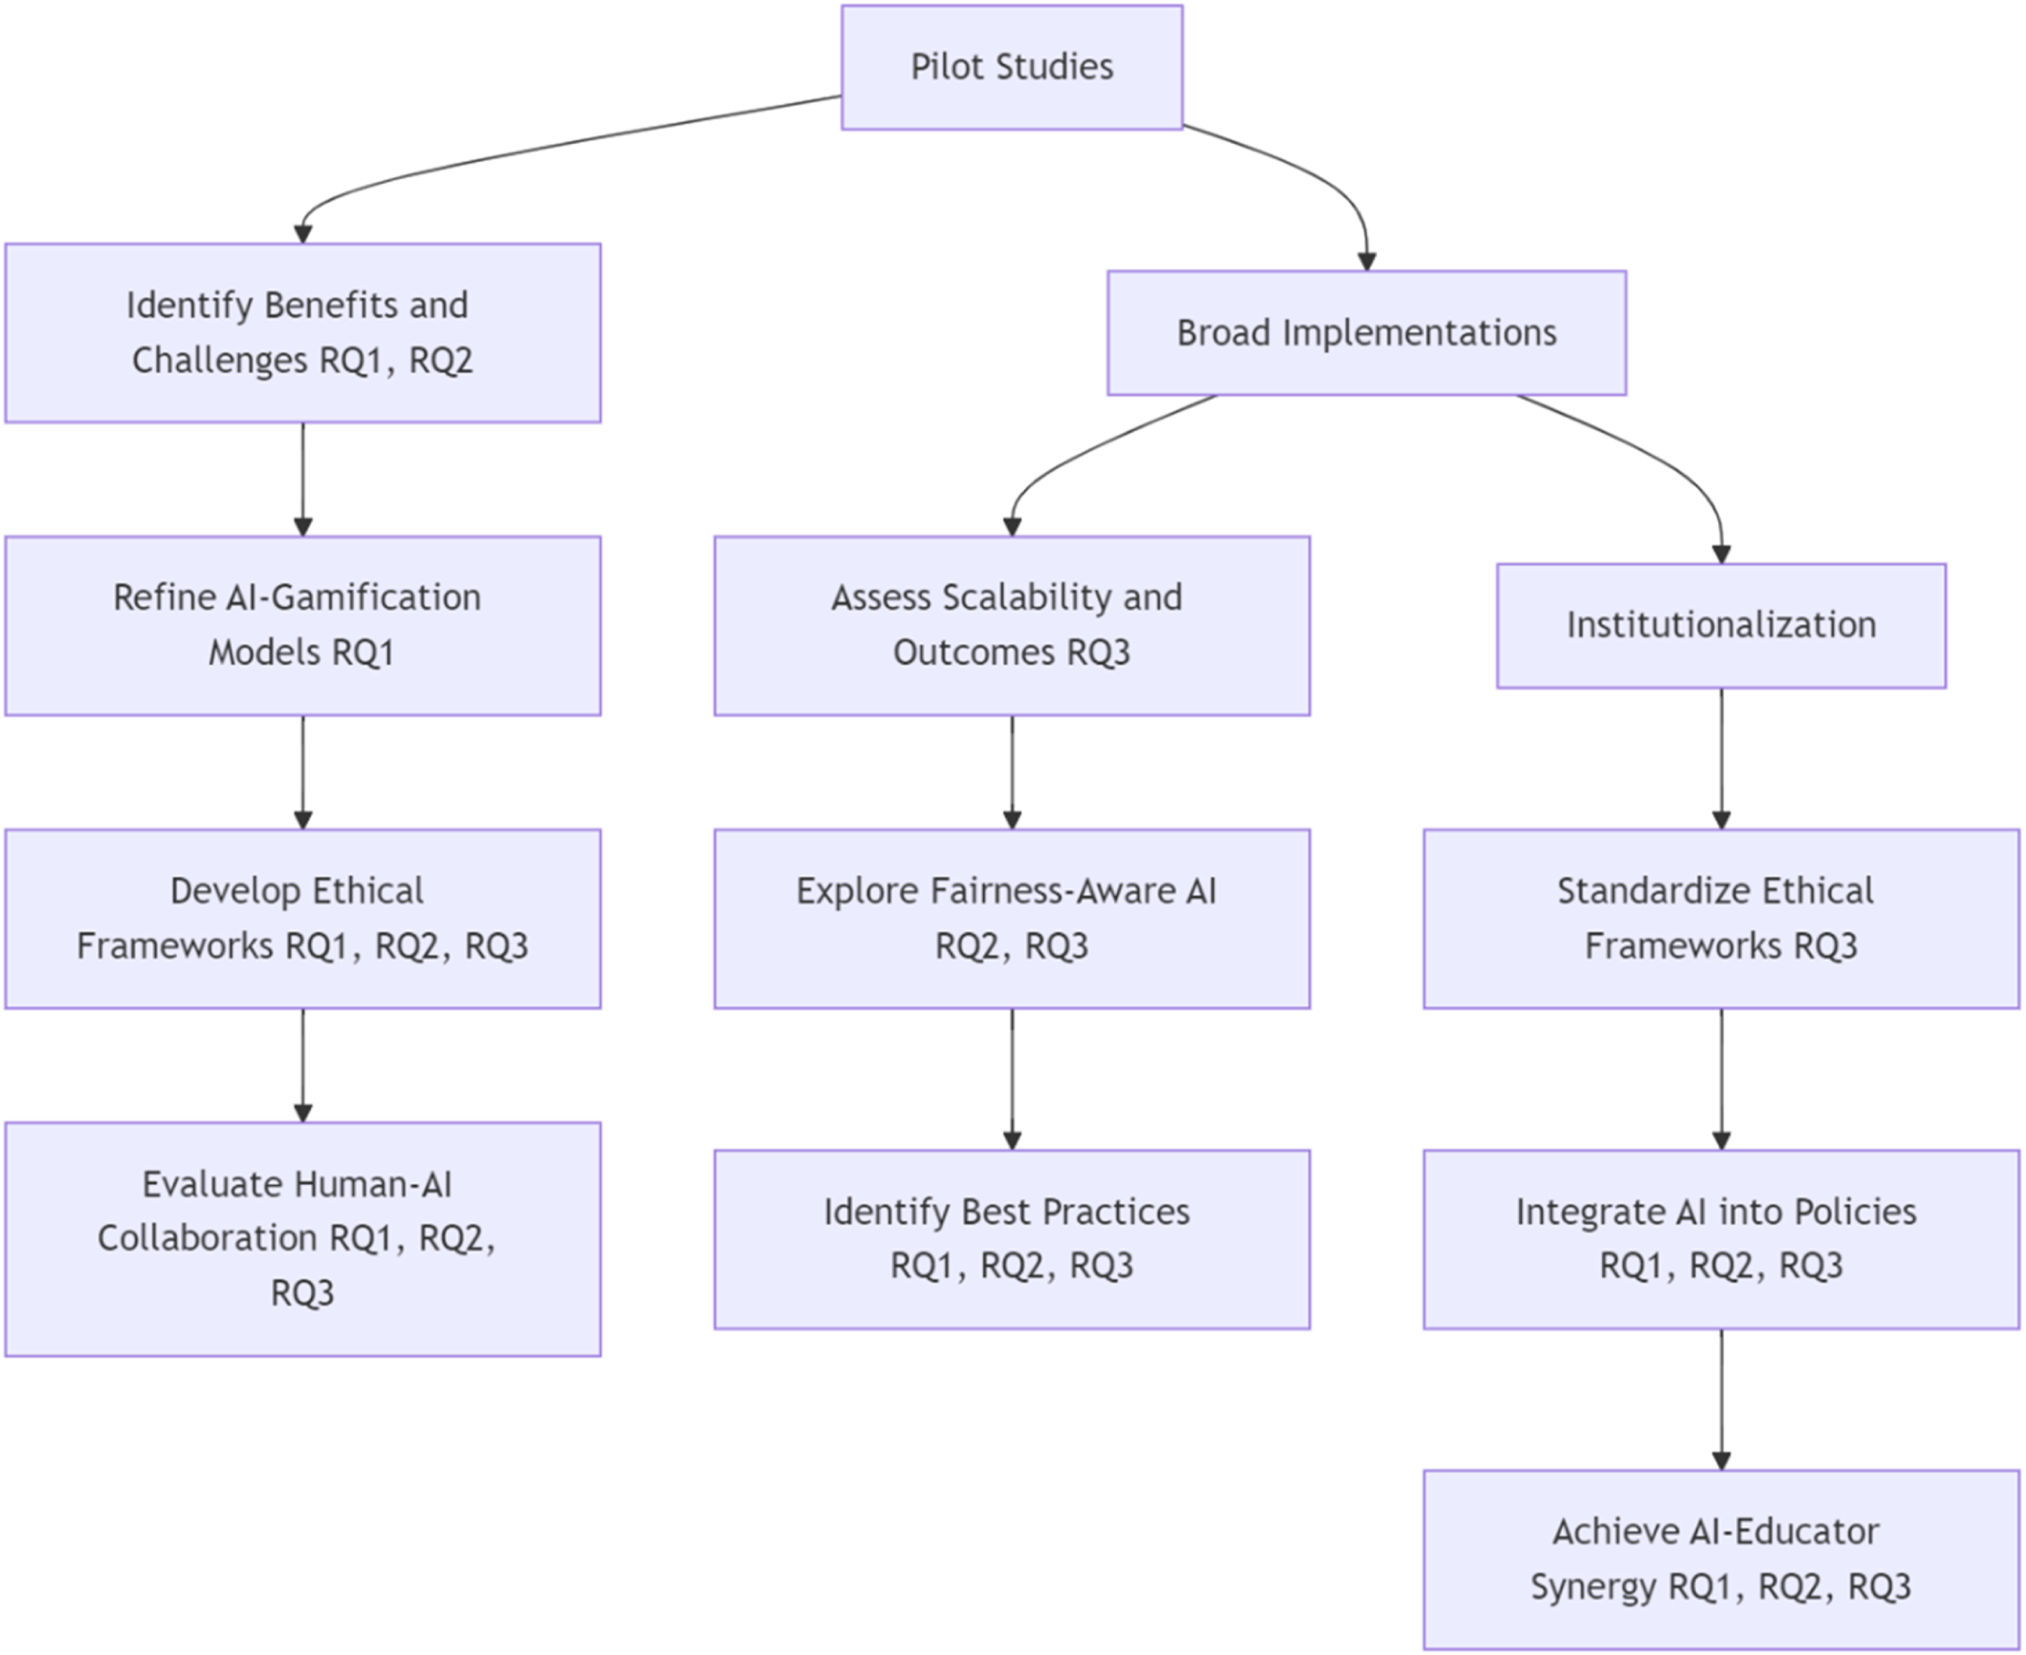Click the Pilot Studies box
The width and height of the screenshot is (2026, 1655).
[x=1012, y=67]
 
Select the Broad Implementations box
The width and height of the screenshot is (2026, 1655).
[x=1366, y=333]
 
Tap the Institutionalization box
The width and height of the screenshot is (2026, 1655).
[x=1721, y=625]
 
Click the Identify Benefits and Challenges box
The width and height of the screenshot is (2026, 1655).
[x=303, y=333]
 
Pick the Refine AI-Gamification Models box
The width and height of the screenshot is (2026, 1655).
[x=303, y=625]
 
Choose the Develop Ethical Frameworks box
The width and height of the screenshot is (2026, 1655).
[x=303, y=918]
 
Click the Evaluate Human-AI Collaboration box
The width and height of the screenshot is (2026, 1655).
[x=303, y=1238]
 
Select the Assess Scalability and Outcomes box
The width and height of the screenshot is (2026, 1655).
[x=1012, y=625]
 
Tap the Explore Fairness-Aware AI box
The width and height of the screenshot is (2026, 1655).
[x=1012, y=918]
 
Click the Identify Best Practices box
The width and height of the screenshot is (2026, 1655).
[x=1012, y=1238]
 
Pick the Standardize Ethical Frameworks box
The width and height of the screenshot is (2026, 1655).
[x=1721, y=918]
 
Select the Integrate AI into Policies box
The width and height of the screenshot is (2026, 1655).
[x=1721, y=1238]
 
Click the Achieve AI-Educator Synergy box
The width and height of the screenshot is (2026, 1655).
[x=1721, y=1559]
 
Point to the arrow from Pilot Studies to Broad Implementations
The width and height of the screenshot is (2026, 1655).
[x=1320, y=176]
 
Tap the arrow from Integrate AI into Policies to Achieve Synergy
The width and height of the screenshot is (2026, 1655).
[x=1721, y=1400]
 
